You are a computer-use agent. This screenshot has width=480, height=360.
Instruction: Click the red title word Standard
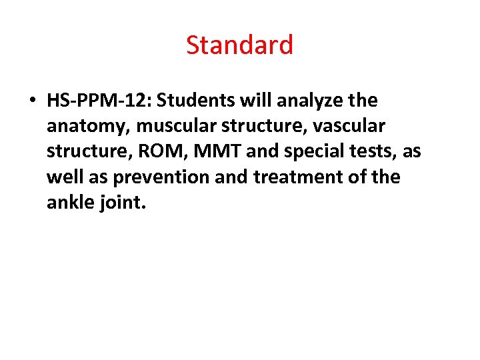[x=239, y=45]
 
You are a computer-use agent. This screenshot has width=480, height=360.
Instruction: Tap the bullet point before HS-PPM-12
[x=32, y=101]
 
